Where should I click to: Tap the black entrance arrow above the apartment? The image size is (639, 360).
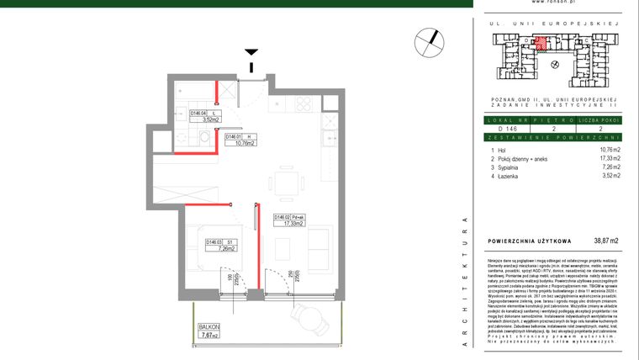[251, 55]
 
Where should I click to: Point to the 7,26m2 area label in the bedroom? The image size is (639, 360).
[206, 249]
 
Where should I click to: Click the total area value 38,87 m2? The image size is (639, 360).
[605, 241]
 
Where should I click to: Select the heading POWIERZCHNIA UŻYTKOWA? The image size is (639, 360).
[529, 241]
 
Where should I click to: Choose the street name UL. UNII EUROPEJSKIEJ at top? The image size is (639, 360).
[553, 24]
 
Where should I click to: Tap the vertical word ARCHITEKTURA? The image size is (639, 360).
[465, 287]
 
